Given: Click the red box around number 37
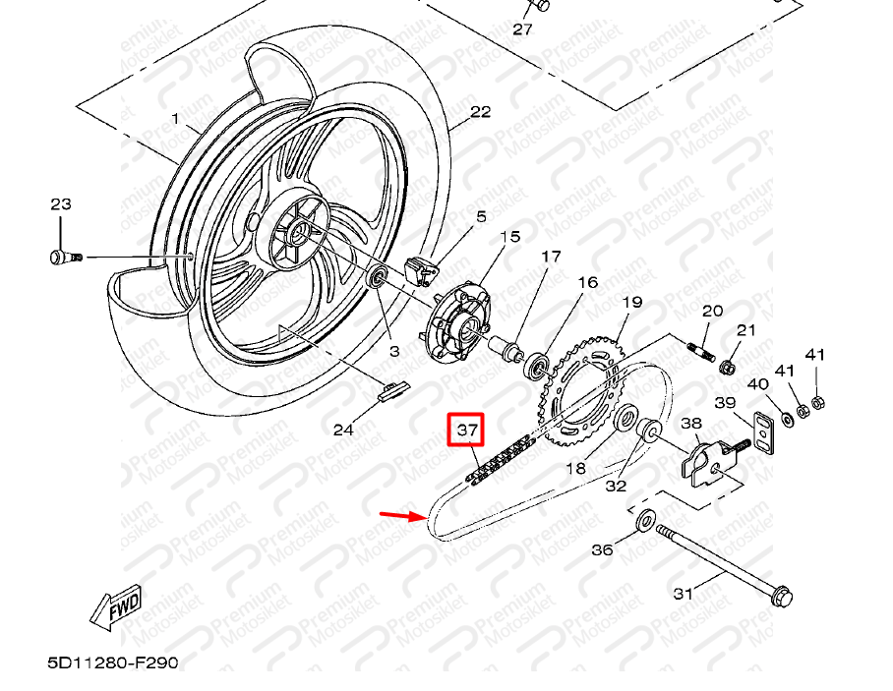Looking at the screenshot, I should [467, 430].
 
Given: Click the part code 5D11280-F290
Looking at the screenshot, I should [113, 662].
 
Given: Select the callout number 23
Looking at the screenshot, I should [61, 204].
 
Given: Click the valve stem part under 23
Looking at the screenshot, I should [63, 258].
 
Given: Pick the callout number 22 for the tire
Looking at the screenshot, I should [479, 112].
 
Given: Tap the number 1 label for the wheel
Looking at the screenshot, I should [175, 119].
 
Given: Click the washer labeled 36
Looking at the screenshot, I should [646, 519].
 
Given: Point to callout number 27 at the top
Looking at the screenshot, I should [522, 29].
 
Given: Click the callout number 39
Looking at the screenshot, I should [725, 403].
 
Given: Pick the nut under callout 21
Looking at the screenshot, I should [728, 368].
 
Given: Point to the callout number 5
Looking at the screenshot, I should [482, 216].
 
